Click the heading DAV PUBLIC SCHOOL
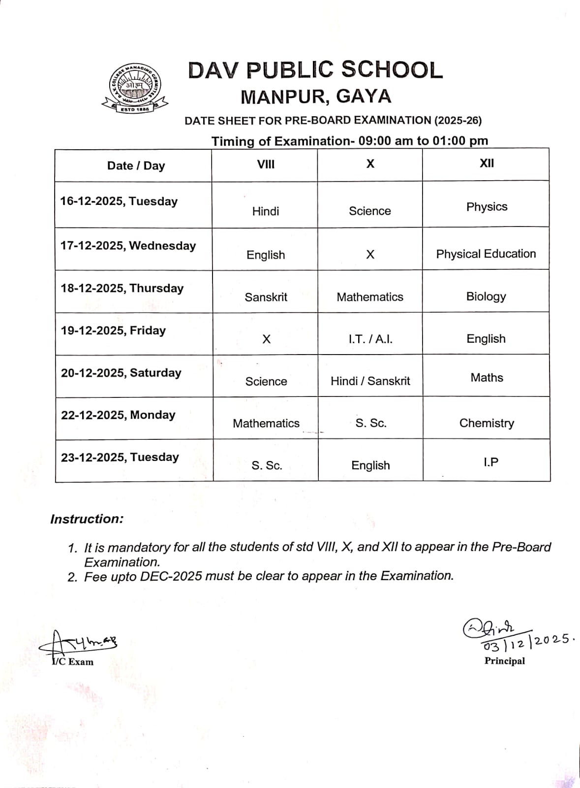[x=315, y=70]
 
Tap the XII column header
[x=487, y=164]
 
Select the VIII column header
[x=266, y=164]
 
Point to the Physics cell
[x=487, y=207]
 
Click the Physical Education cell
[x=486, y=254]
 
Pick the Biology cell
[x=486, y=296]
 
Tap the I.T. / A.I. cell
[x=370, y=339]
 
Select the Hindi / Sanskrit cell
[x=370, y=381]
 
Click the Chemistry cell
[x=487, y=423]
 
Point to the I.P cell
[x=490, y=462]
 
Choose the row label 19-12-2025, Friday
[x=113, y=330]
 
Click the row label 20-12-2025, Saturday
[x=121, y=373]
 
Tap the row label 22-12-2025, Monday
[x=118, y=415]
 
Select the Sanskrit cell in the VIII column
[x=266, y=297]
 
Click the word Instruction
[x=87, y=519]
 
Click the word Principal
[x=504, y=661]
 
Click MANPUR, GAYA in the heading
[x=315, y=97]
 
